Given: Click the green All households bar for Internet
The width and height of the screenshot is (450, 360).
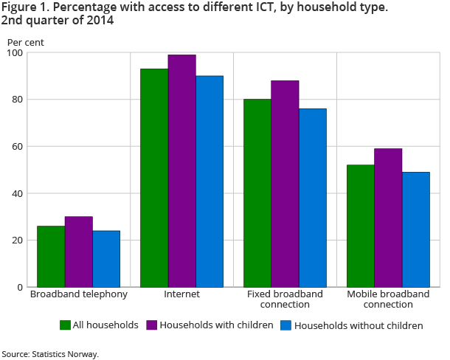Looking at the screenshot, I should [153, 178].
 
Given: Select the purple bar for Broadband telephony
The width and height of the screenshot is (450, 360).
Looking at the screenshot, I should [78, 252].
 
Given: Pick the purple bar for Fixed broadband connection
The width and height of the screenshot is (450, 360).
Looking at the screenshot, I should [285, 184].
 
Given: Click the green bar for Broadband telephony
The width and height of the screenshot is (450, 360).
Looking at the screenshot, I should [51, 256].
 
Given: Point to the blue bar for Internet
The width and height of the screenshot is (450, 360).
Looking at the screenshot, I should [209, 181].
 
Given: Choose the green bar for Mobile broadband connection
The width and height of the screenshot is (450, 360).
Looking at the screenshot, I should [360, 226].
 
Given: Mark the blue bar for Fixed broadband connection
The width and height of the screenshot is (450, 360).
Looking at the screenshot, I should [313, 198].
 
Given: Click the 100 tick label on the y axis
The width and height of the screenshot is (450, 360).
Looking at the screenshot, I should [15, 53].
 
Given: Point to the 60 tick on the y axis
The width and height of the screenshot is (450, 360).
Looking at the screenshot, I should [18, 147].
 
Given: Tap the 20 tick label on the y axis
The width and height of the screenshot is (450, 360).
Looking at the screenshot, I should [18, 240].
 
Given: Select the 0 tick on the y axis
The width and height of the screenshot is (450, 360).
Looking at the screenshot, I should [21, 287].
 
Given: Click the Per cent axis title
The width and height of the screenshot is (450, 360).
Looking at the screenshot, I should [26, 42].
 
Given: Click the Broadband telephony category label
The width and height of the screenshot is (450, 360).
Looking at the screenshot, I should [78, 294].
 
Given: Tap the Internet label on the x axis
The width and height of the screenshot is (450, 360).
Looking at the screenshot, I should [181, 294].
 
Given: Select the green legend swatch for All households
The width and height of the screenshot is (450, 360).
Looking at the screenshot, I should [65, 325].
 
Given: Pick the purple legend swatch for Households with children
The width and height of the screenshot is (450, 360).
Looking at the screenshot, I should [152, 325].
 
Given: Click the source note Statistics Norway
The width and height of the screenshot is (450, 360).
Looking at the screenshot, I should [50, 354].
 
